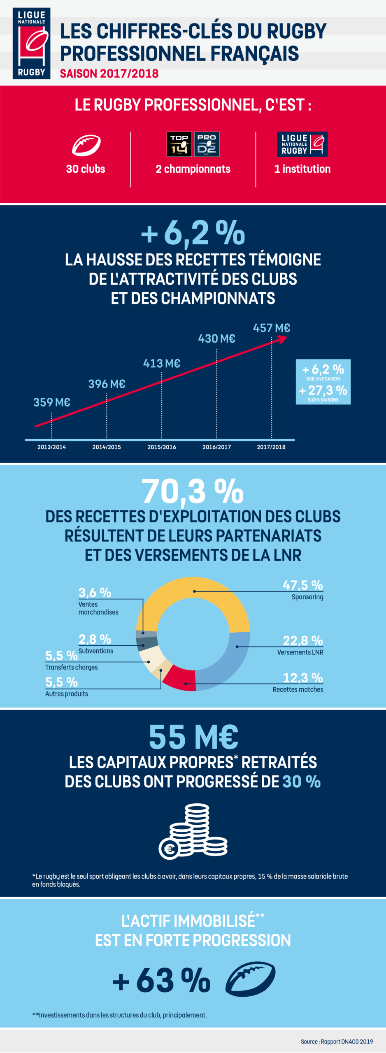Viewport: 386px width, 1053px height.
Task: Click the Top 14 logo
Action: [179, 144]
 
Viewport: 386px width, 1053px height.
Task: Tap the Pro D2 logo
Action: [207, 144]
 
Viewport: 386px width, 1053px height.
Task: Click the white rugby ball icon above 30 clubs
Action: [86, 145]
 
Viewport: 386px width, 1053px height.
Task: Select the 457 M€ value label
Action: [271, 328]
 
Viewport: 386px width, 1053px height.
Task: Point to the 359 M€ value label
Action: [51, 402]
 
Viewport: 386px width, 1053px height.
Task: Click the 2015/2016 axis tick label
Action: [161, 447]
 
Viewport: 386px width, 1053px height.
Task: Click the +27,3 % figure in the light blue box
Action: [323, 390]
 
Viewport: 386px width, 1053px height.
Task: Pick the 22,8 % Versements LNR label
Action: [302, 640]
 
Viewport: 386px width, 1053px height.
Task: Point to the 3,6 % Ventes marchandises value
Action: [95, 593]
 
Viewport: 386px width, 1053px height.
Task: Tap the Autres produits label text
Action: [67, 694]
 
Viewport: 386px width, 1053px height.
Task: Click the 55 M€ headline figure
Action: [193, 737]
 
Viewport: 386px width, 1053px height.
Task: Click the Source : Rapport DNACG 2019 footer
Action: [337, 1041]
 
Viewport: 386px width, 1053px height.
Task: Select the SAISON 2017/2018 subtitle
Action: [109, 74]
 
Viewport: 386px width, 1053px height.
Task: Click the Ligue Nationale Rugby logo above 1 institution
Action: [302, 144]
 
